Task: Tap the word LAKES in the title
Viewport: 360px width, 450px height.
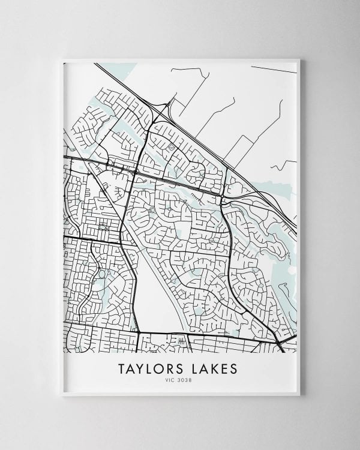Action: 212,367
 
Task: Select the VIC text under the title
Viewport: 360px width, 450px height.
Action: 173,379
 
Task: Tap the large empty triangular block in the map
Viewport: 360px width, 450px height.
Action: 157,300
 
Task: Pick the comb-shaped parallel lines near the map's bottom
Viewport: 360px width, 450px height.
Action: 181,341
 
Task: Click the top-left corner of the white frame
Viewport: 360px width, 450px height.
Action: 62,59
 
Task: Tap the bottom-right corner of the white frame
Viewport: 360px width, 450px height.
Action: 299,394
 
